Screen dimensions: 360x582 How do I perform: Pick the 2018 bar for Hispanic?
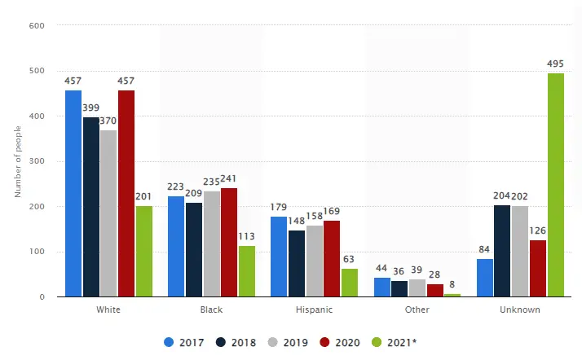(x=297, y=264)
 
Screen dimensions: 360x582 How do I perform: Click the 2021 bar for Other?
(x=452, y=295)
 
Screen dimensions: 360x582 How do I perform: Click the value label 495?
(x=556, y=64)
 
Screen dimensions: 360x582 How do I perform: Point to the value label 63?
(x=350, y=260)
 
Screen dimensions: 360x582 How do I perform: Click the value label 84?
(x=484, y=251)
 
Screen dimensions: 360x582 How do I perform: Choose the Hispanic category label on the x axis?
(x=314, y=310)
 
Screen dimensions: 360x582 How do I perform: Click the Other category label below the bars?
(x=417, y=310)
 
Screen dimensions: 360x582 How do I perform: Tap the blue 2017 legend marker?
(x=170, y=343)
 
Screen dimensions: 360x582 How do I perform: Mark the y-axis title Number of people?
(x=17, y=161)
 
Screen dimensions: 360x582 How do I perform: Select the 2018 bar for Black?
(x=194, y=250)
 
